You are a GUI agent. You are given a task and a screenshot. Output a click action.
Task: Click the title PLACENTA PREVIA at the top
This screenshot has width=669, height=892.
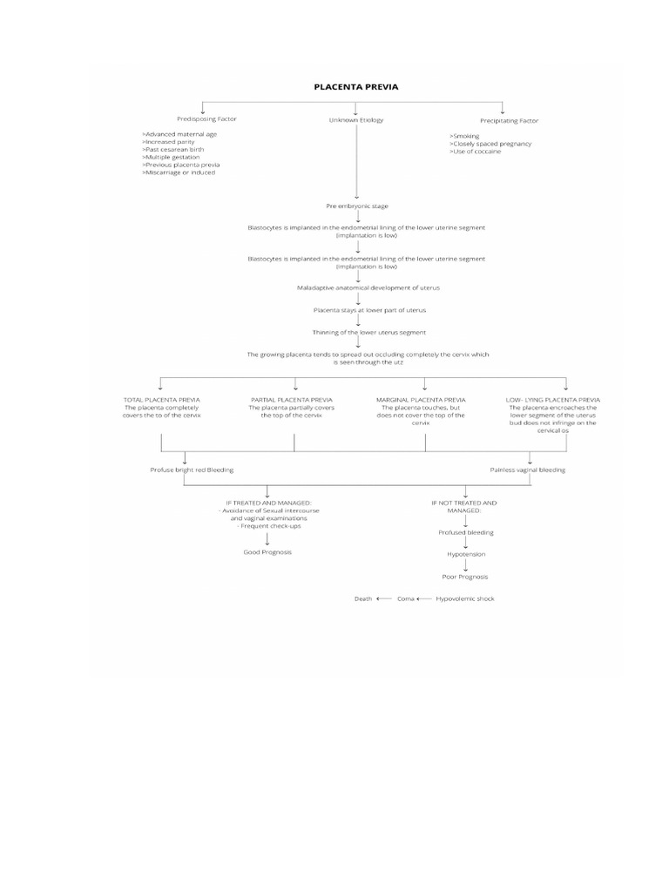point(356,86)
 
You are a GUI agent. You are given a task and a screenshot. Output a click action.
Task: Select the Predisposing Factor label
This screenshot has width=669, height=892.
point(206,118)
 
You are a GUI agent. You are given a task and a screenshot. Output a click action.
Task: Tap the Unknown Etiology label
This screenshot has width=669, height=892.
point(355,119)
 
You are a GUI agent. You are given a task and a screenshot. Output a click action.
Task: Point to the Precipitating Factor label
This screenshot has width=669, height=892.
point(509,119)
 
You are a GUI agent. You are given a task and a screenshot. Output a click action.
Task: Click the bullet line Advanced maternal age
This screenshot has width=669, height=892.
point(179,134)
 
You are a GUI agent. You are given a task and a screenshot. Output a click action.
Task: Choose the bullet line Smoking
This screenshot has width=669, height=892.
point(465,136)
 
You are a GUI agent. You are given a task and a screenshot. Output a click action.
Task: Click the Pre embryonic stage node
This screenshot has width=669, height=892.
point(356,206)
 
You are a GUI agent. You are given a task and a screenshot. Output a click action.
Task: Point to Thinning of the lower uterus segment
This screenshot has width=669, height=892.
point(356,332)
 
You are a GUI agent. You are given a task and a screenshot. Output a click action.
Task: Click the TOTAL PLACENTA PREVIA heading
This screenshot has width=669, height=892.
point(161,400)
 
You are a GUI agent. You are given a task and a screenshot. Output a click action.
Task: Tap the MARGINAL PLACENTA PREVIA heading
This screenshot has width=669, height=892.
point(421,400)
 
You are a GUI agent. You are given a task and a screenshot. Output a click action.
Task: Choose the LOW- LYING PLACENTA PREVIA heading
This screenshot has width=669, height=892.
point(552,400)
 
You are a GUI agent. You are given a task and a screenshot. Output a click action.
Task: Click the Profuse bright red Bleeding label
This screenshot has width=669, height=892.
point(192,470)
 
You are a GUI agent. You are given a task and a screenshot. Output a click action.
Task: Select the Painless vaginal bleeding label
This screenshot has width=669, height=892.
point(528,470)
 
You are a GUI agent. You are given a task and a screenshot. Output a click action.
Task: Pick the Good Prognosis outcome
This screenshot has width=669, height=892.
point(267,552)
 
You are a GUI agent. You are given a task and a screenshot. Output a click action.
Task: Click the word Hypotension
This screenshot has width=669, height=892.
point(466,554)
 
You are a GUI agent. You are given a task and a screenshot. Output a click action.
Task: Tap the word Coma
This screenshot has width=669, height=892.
point(406,598)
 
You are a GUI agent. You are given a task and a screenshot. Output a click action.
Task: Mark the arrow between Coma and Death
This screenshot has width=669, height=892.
point(384,598)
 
